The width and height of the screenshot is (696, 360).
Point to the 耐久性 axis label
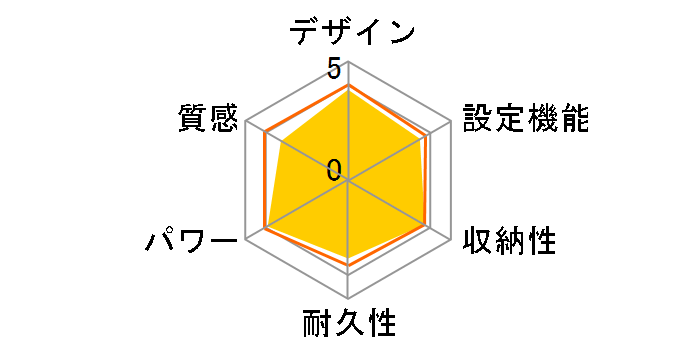[x=348, y=325]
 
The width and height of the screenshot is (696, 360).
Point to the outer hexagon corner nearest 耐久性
[x=347, y=298]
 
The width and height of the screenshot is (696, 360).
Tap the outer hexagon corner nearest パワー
[x=246, y=239]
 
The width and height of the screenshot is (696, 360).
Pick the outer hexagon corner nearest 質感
[x=246, y=122]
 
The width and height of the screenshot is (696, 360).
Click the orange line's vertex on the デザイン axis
[x=347, y=85]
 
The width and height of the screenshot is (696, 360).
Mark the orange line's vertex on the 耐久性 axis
[x=347, y=272]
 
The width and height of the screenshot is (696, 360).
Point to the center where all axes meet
[x=347, y=181]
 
